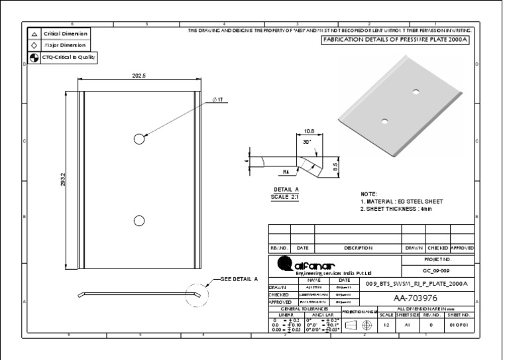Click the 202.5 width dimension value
pyautogui.click(x=139, y=76)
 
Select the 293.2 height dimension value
pyautogui.click(x=63, y=180)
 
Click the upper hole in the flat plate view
pyautogui.click(x=139, y=139)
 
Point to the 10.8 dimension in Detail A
pyautogui.click(x=308, y=131)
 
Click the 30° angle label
pyautogui.click(x=306, y=143)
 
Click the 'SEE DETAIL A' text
pyautogui.click(x=239, y=279)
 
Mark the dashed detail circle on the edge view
pyautogui.click(x=196, y=292)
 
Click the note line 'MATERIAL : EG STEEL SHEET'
pyautogui.click(x=401, y=201)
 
